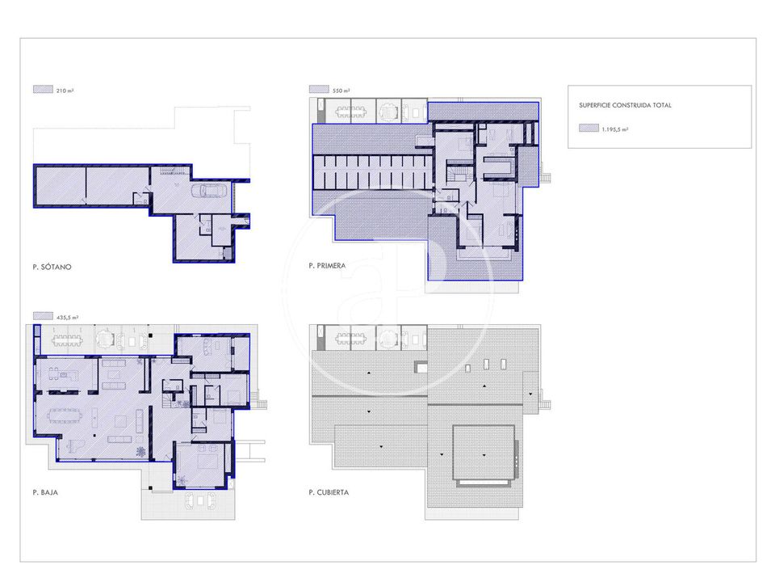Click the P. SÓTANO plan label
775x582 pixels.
[x=52, y=267]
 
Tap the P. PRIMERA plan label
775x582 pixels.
[x=327, y=266]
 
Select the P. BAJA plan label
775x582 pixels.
[x=45, y=492]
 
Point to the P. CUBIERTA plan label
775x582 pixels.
[x=329, y=492]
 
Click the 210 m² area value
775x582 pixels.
[x=65, y=91]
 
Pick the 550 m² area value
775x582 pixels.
[x=341, y=91]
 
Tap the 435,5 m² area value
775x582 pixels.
[x=67, y=317]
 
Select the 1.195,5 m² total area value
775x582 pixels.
[x=615, y=129]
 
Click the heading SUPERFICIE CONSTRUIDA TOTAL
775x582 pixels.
[x=625, y=105]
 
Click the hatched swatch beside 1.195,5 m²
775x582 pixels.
[x=589, y=129]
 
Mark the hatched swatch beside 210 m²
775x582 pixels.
[x=43, y=89]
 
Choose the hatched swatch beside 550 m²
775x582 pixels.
[x=319, y=89]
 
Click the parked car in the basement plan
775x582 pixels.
[x=210, y=190]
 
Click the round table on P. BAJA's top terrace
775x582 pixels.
[x=105, y=339]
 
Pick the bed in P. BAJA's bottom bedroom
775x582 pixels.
[x=207, y=462]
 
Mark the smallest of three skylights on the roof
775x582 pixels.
[x=468, y=369]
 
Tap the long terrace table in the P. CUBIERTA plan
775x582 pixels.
[x=350, y=339]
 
